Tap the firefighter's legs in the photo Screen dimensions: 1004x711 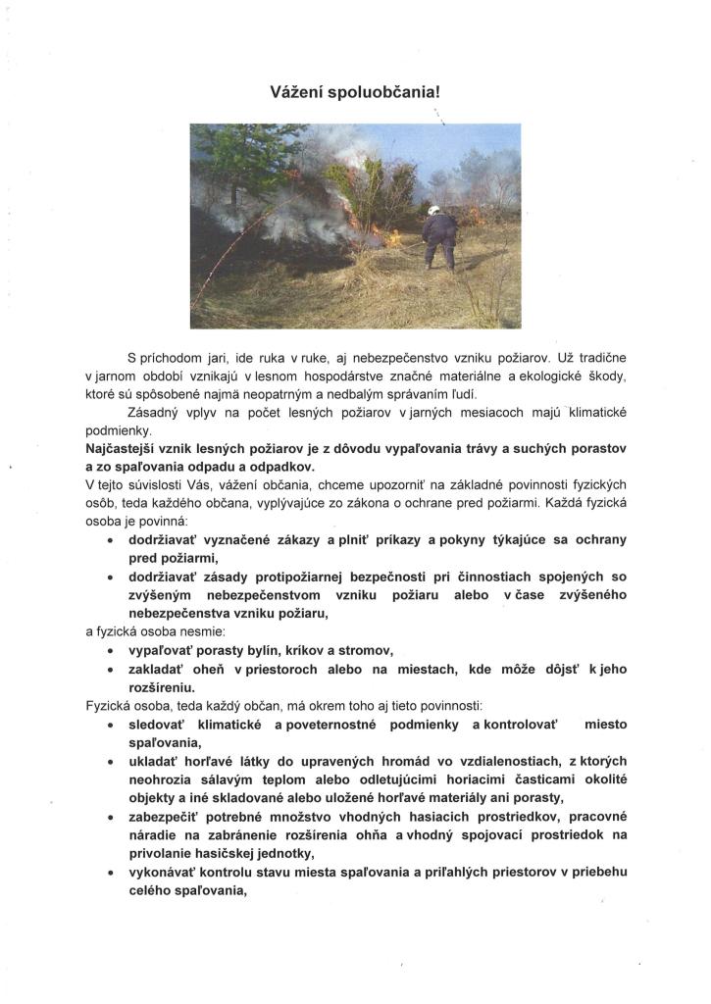coord(438,254)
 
